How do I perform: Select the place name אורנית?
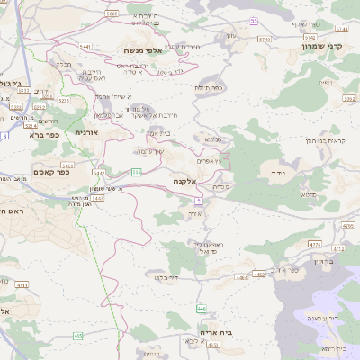click(x=85, y=133)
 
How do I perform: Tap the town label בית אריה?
click(x=216, y=331)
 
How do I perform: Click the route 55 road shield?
click(x=254, y=20)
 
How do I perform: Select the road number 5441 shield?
click(x=85, y=46)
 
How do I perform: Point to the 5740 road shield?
click(x=264, y=40)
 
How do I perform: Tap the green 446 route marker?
click(x=202, y=309)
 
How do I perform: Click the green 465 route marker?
click(x=78, y=335)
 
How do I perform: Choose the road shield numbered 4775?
click(x=314, y=244)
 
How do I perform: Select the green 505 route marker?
click(x=137, y=171)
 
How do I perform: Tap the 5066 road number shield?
click(x=112, y=13)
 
